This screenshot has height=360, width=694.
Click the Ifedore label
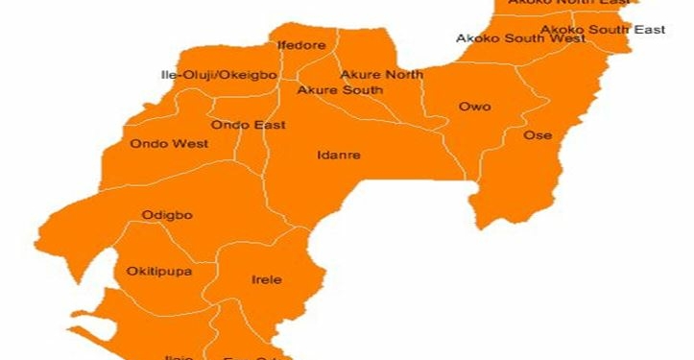coord(301,45)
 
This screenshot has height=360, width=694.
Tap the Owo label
coord(474,107)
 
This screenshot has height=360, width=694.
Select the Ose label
coord(538,135)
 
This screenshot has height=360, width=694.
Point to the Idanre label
coord(339,155)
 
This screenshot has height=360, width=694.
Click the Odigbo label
coord(167,215)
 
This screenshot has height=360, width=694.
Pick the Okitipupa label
coord(159,272)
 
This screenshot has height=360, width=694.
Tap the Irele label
coord(267,280)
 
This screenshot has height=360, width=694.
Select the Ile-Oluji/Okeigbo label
coord(219,74)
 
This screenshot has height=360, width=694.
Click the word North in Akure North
coord(403,74)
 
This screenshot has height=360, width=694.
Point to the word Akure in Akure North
coord(361,74)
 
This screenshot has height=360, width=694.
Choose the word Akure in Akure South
coord(317,90)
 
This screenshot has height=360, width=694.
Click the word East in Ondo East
coord(269,125)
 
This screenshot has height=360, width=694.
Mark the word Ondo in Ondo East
coord(230,125)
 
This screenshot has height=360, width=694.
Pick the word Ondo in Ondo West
coord(151,144)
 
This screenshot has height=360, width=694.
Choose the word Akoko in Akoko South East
coord(562,30)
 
